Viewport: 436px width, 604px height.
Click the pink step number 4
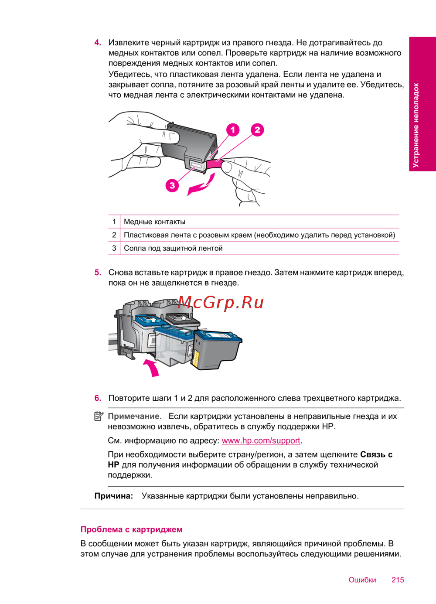[98, 43]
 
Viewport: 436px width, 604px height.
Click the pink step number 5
[98, 273]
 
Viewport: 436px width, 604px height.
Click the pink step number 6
[98, 398]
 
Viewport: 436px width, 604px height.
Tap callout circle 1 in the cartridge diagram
[233, 130]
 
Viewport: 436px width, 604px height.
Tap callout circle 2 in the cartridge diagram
[257, 130]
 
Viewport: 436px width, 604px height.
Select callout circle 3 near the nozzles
[172, 185]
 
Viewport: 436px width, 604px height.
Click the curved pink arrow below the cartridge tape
[201, 185]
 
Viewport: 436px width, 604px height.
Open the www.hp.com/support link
[261, 440]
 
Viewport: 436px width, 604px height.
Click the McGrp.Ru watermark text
[221, 302]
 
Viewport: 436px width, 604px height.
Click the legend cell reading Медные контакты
[155, 222]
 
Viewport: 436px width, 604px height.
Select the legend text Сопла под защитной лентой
[173, 248]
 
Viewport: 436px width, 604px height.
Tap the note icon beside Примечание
[99, 416]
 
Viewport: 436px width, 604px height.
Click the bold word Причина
[113, 496]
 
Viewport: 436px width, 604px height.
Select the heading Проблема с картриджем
[131, 529]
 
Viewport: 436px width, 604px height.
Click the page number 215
[398, 580]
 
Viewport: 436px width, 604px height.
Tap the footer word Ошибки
[362, 580]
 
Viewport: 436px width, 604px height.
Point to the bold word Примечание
[134, 416]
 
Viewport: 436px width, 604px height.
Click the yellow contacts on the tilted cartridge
[195, 359]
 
